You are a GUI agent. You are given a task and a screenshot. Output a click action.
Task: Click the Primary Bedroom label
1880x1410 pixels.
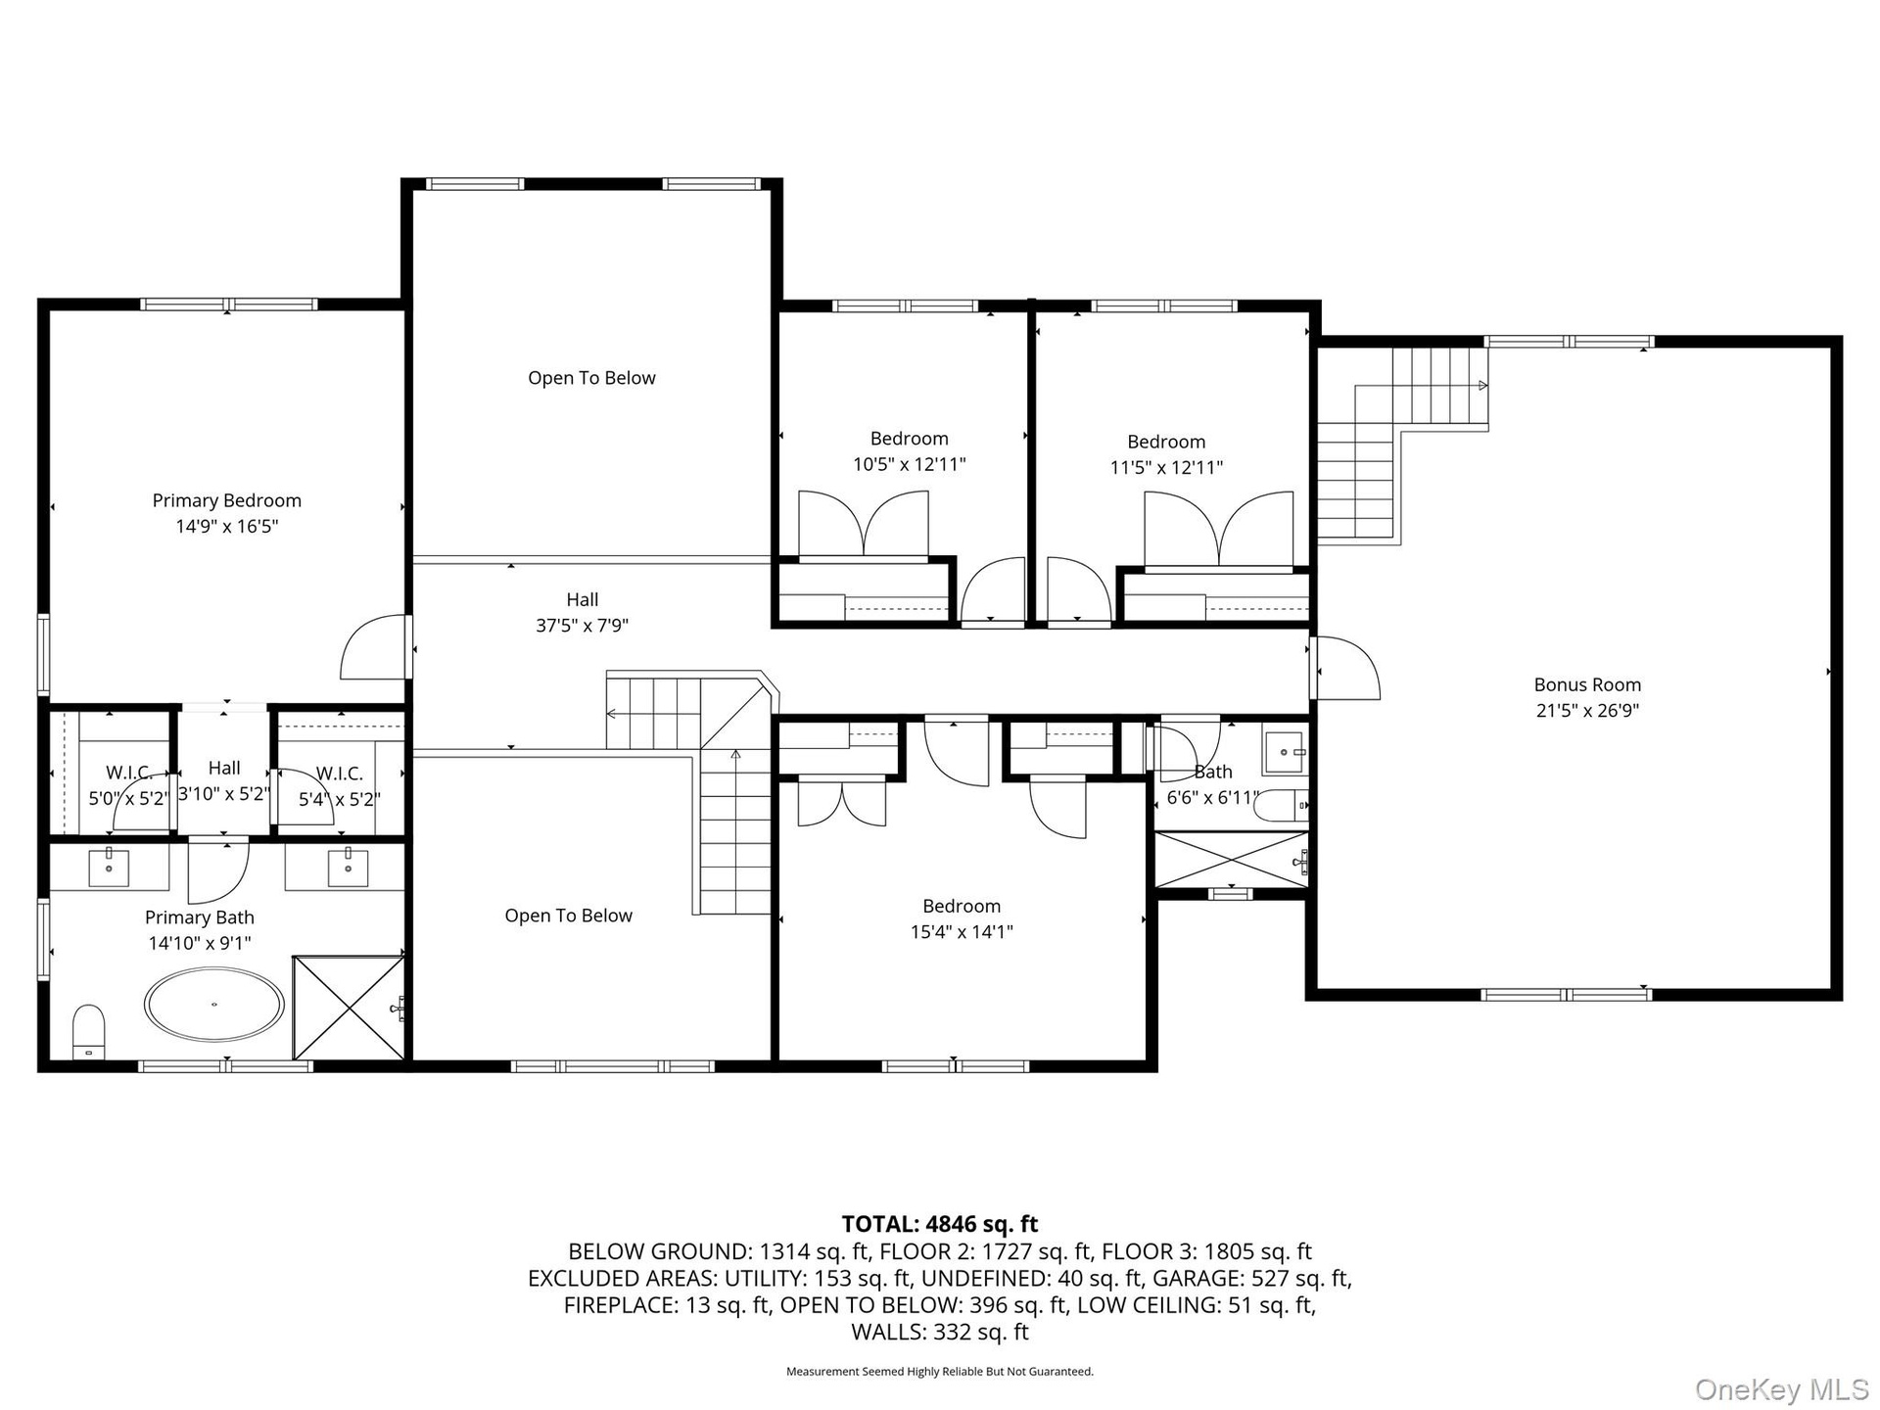pyautogui.click(x=226, y=500)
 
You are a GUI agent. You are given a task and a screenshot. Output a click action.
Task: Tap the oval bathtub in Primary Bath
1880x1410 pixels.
pyautogui.click(x=214, y=1005)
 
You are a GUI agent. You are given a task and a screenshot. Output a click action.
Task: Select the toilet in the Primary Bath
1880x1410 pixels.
pyautogui.click(x=88, y=1031)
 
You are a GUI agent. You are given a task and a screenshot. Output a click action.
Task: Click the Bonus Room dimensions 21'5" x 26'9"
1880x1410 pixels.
pyautogui.click(x=1587, y=711)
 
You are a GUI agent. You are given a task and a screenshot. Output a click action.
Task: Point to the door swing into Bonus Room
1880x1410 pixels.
pyautogui.click(x=1347, y=668)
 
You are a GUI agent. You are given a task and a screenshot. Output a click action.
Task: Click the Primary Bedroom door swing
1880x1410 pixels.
pyautogui.click(x=373, y=647)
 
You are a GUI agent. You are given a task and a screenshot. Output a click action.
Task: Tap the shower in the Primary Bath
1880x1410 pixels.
pyautogui.click(x=349, y=1008)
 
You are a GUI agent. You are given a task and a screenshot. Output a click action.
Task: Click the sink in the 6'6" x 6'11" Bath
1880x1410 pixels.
pyautogui.click(x=1285, y=752)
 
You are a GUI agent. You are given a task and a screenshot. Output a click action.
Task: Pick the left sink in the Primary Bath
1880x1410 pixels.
pyautogui.click(x=109, y=867)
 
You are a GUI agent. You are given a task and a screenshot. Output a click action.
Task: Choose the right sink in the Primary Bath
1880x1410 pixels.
pyautogui.click(x=347, y=867)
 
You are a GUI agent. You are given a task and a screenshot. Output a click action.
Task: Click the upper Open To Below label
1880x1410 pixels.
pyautogui.click(x=591, y=378)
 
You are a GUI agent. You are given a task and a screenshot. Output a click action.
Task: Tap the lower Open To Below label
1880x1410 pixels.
pyautogui.click(x=568, y=916)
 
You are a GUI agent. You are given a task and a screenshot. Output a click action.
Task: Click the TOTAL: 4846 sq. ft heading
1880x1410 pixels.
pyautogui.click(x=940, y=1224)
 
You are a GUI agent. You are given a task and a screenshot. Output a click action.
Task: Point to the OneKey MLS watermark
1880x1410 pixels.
pyautogui.click(x=1782, y=1388)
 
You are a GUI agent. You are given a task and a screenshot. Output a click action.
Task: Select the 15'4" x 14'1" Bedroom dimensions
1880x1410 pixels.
pyautogui.click(x=962, y=932)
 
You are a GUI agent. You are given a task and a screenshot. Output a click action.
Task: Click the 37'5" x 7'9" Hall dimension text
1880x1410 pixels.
pyautogui.click(x=582, y=626)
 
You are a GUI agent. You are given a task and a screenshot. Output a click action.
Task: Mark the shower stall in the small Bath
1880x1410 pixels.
pyautogui.click(x=1232, y=860)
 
